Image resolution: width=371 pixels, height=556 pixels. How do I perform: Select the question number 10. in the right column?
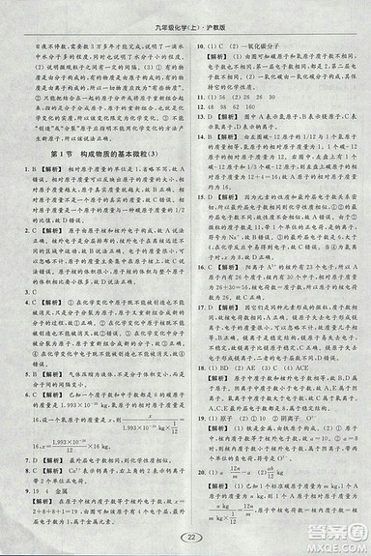[x=197, y=45]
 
